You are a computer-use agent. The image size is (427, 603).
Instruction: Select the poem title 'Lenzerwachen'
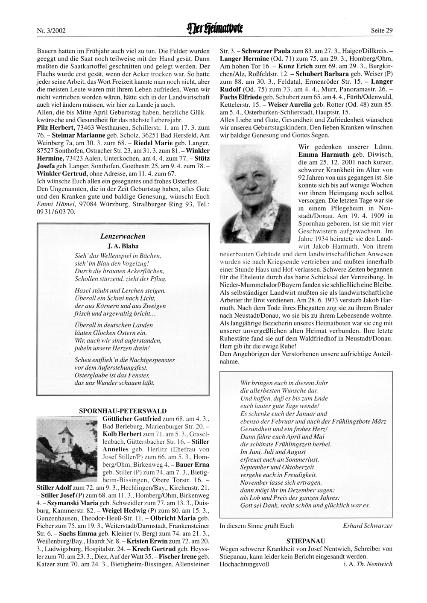(x=123, y=236)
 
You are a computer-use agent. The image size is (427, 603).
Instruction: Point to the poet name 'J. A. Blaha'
(x=123, y=246)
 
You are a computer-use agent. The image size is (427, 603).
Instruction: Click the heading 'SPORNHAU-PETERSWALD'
(x=123, y=411)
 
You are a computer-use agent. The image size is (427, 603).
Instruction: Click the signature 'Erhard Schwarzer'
(x=368, y=526)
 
